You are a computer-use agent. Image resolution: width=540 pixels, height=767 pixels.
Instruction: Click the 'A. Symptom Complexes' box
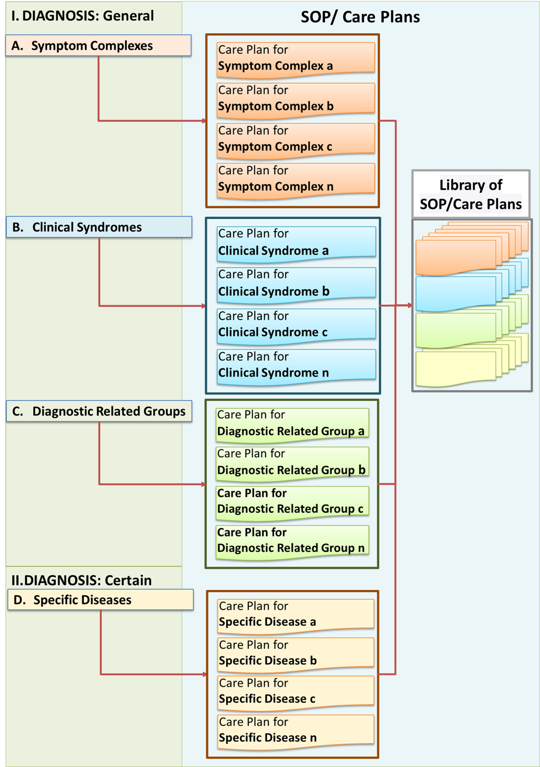click(99, 46)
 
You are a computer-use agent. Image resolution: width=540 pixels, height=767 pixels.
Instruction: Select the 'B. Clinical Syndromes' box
click(99, 227)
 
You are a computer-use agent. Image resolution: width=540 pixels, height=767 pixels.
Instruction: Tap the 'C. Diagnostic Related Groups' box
click(99, 411)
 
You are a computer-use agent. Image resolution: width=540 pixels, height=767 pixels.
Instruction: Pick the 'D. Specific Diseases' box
click(101, 600)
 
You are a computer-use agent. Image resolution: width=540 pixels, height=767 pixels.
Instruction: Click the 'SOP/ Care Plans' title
click(360, 17)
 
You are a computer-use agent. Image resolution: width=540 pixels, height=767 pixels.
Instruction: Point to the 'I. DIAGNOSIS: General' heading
click(83, 16)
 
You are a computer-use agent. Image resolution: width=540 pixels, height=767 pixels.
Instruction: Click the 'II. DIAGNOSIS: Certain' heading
click(82, 580)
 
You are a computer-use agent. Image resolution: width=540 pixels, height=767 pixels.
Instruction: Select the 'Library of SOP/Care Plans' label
click(471, 194)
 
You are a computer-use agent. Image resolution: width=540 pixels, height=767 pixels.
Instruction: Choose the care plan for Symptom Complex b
click(295, 98)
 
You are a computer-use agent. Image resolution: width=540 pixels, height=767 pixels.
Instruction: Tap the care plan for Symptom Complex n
click(295, 178)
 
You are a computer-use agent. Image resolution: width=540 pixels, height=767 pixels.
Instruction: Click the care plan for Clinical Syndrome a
click(296, 242)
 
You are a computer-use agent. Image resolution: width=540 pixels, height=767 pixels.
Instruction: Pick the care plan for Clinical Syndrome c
click(296, 324)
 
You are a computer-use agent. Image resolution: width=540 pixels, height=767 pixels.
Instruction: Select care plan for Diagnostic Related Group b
click(292, 462)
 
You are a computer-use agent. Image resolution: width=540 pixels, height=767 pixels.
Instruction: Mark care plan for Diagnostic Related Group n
click(292, 540)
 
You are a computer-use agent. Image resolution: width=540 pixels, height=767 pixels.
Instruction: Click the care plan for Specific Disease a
click(295, 614)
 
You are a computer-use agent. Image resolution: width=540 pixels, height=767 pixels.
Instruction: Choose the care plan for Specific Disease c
click(295, 691)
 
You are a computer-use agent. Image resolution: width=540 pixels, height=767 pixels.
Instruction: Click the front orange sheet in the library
click(455, 256)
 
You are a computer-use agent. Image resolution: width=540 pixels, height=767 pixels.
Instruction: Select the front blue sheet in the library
click(455, 293)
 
